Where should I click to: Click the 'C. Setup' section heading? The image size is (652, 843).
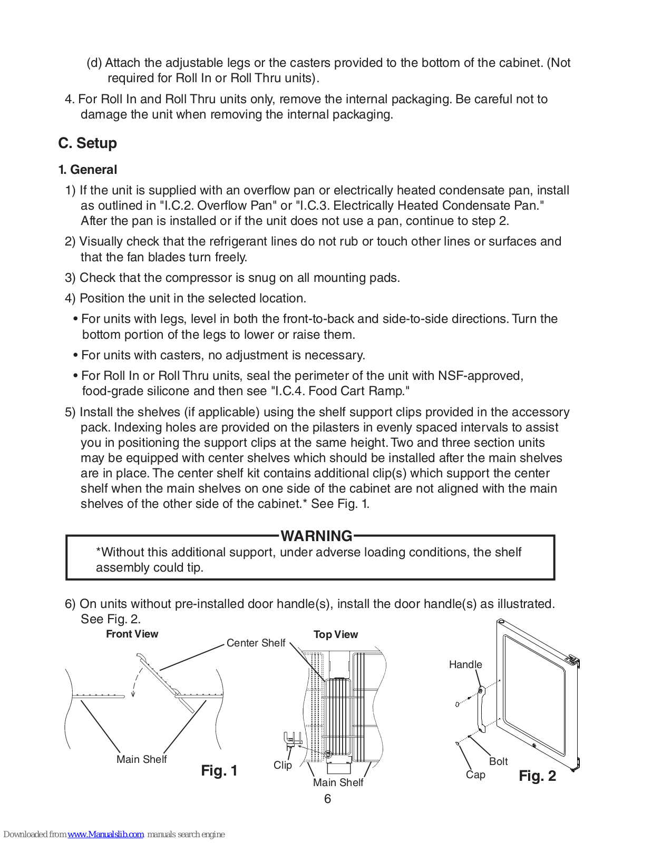(x=87, y=143)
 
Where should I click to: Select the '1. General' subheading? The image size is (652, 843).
(x=87, y=170)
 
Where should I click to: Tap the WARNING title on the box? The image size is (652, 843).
(x=316, y=536)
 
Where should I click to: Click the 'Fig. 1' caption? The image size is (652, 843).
(x=219, y=771)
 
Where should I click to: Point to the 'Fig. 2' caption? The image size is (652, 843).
(x=537, y=776)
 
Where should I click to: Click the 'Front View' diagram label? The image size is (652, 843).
(x=132, y=634)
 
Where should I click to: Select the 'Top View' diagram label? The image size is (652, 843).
(x=336, y=634)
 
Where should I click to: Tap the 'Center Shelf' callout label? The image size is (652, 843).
(x=256, y=643)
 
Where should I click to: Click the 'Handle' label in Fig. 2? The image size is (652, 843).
(x=465, y=664)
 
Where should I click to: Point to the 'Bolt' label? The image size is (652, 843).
(x=498, y=761)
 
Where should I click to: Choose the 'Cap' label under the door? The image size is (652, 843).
(x=475, y=775)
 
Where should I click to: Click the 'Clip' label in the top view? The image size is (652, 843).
(x=283, y=765)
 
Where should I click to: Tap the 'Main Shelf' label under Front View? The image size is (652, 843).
(x=141, y=759)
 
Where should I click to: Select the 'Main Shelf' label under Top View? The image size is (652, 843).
(x=338, y=782)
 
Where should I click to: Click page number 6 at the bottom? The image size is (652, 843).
(x=327, y=799)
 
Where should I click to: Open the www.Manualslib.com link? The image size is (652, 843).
(x=105, y=834)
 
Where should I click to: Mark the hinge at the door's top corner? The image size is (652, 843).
(x=572, y=660)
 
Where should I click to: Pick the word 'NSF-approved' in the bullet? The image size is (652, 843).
(x=480, y=376)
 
